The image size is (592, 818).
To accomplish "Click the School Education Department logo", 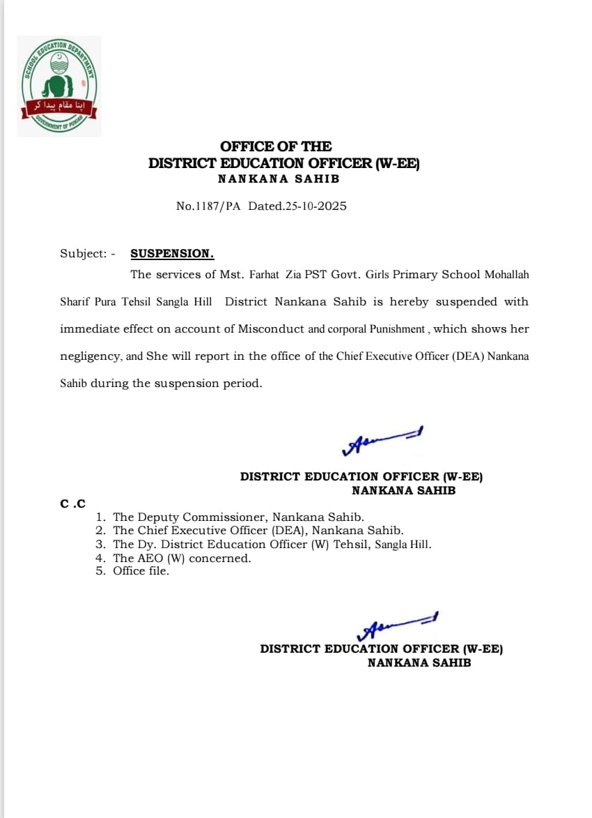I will coord(59,86).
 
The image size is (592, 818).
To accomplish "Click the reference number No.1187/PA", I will coord(208,206).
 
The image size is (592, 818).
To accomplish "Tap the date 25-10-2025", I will coord(316,206).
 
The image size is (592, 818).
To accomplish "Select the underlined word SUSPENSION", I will coord(172,254).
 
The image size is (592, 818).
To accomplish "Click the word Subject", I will coord(81,254).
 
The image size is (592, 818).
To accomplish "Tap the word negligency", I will coord(91,356).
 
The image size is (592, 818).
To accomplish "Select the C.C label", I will coord(72,503).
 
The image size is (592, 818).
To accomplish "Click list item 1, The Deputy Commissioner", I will coord(238,517).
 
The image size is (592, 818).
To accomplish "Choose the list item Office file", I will coord(141,571).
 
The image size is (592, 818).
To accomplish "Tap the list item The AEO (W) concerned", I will coord(182,558).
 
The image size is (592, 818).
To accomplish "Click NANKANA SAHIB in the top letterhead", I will coord(279,179).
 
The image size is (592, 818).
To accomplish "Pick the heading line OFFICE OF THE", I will coord(276,146).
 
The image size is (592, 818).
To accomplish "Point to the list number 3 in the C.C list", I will coord(100,545).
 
